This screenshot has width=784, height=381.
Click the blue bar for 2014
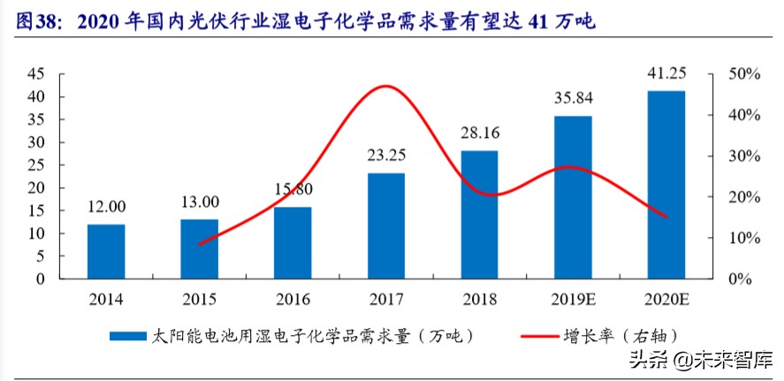pos(105,252)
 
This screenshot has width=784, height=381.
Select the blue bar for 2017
pos(386,226)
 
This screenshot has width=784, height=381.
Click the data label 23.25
pos(386,156)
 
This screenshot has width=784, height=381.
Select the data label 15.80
pos(293,189)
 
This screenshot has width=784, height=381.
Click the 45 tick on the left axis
pos(36,74)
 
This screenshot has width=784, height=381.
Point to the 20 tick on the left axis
pos(36,188)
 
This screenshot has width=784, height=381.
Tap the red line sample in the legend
pos(529,337)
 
